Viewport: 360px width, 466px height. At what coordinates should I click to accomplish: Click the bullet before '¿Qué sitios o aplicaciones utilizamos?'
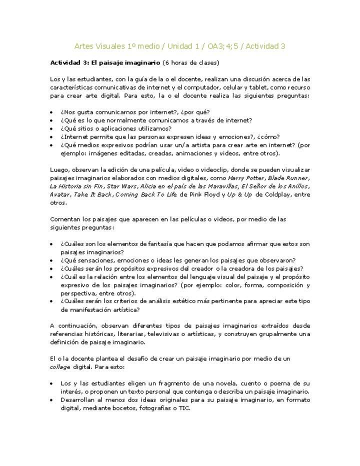[x=52, y=128]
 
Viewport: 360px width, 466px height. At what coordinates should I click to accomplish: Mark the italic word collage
[x=60, y=366]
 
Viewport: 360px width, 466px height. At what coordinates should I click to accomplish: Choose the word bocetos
[x=110, y=407]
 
